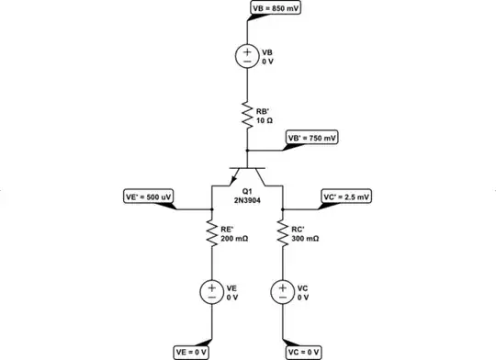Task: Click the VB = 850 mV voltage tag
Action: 276,9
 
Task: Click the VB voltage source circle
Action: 247,55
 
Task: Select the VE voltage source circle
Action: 211,292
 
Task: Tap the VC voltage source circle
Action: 282,292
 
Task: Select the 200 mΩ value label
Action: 234,238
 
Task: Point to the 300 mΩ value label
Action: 306,238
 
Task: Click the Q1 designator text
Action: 247,190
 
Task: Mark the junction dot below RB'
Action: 247,152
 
